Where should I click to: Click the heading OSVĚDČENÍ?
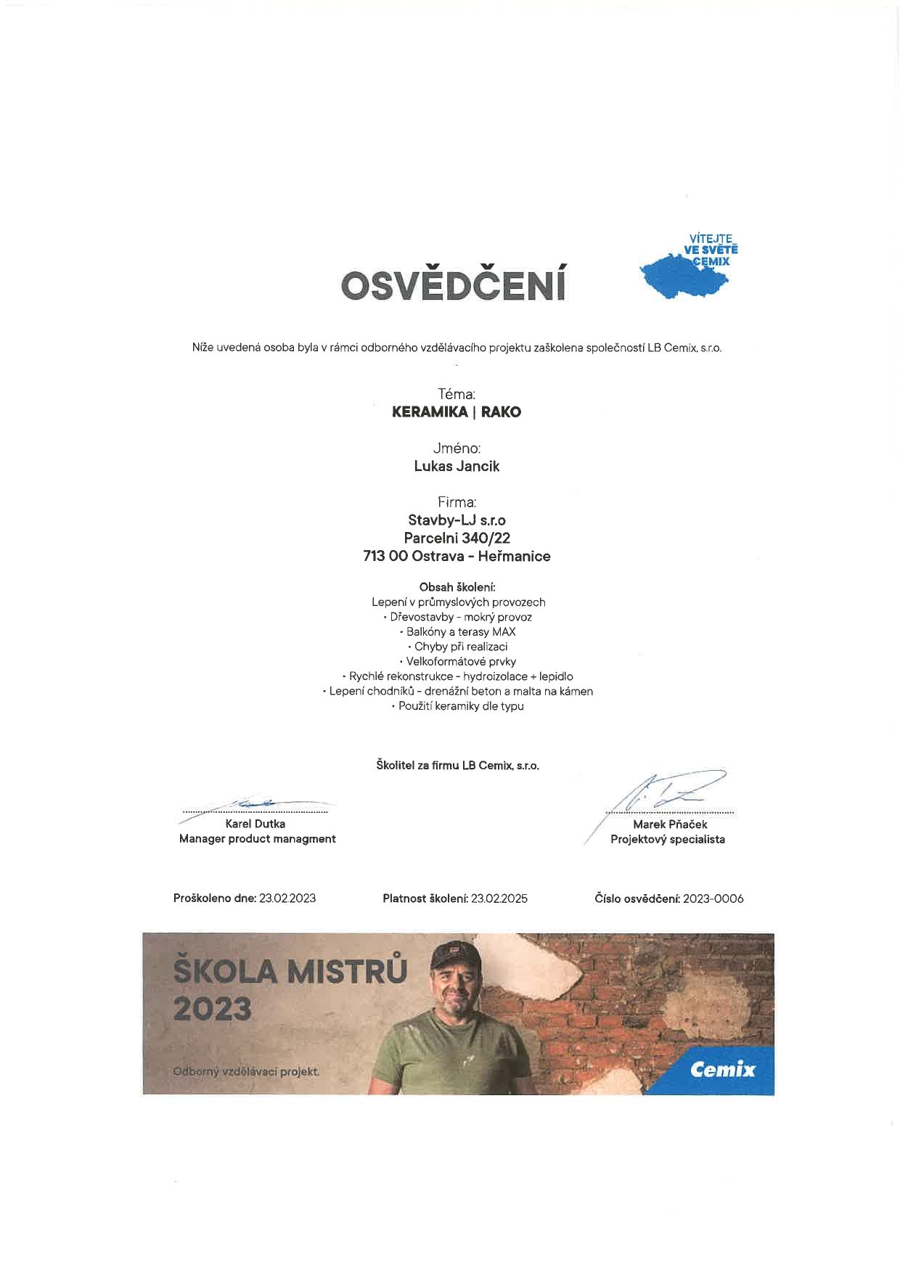[x=454, y=285]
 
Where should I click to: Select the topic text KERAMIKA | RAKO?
[x=457, y=412]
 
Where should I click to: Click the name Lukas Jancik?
[x=457, y=466]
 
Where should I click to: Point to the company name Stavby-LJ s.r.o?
[x=457, y=520]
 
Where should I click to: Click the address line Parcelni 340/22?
[x=457, y=538]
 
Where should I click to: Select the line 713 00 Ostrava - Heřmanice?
[x=457, y=556]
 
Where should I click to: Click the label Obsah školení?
[x=457, y=586]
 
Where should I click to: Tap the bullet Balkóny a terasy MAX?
[x=458, y=631]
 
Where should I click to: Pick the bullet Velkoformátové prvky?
[x=458, y=661]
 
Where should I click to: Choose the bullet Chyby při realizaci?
[x=458, y=646]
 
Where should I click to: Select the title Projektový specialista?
[x=668, y=839]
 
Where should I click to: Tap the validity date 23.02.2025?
[x=499, y=898]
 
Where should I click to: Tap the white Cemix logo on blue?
[x=722, y=1069]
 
